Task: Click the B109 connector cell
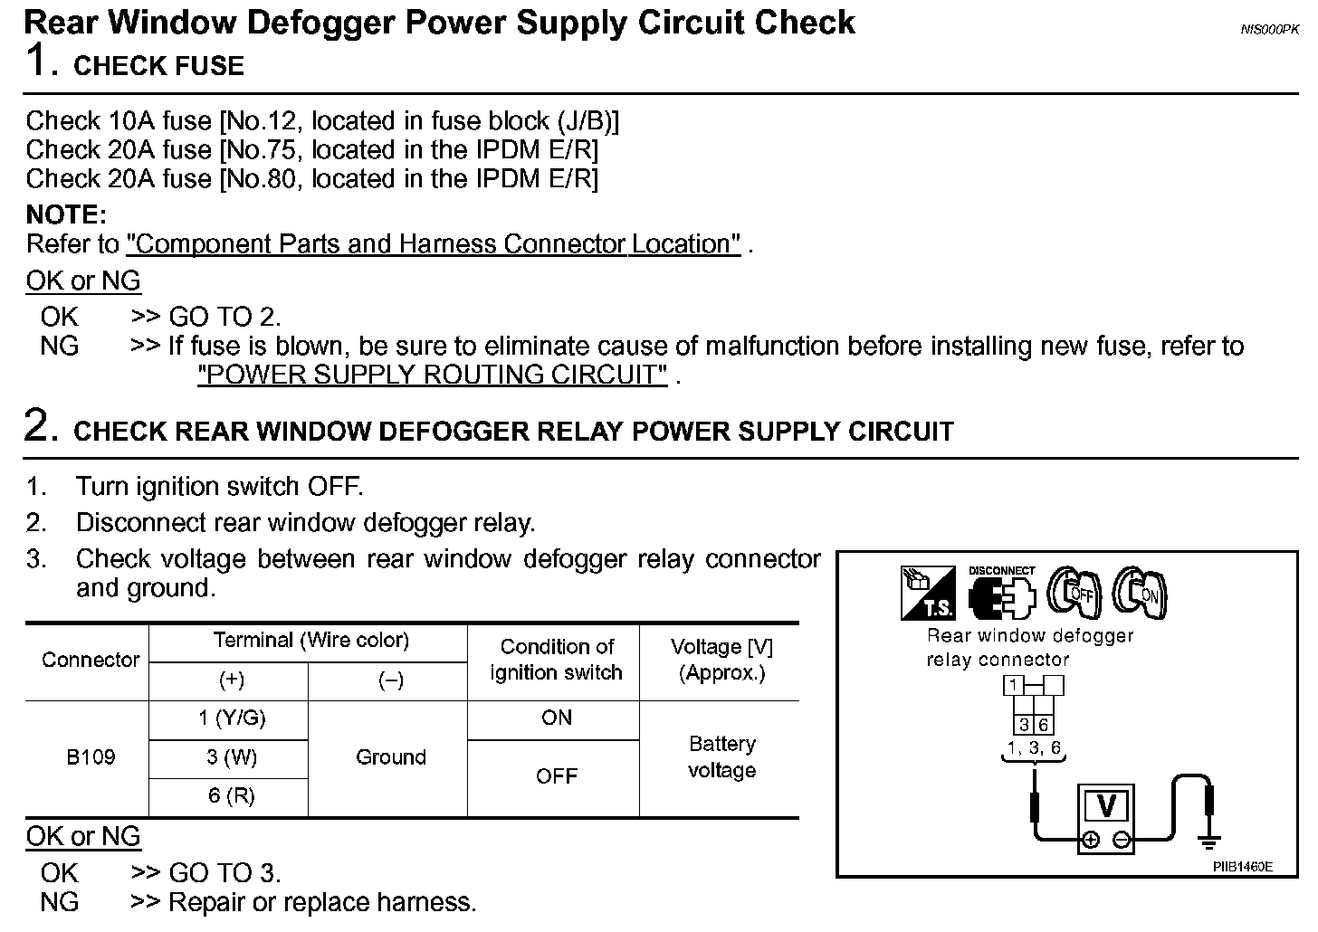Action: tap(91, 756)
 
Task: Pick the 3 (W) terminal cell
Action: tap(232, 757)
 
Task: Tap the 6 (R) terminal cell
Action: tap(232, 795)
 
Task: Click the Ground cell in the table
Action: tap(390, 756)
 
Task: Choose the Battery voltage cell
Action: tap(721, 756)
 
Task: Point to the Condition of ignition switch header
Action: tap(556, 660)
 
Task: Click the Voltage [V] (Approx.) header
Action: tap(721, 660)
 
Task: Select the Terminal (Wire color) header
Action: tap(310, 641)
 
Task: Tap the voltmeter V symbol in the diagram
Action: tap(1105, 806)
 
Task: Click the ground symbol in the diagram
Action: tap(1208, 842)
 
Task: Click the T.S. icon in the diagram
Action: tap(927, 594)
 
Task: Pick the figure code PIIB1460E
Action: tap(1242, 867)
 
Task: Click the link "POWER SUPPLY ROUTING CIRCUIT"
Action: tap(433, 375)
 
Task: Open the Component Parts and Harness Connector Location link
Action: tap(434, 244)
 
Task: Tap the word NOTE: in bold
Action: tap(66, 215)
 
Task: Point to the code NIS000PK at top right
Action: tap(1269, 29)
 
